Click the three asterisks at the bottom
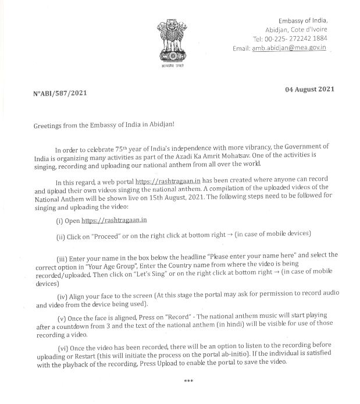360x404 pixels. pos(188,381)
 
